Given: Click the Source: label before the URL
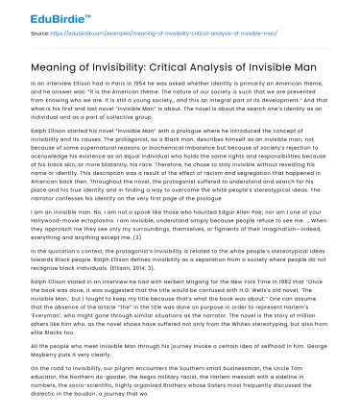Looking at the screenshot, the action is [x=17, y=34].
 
